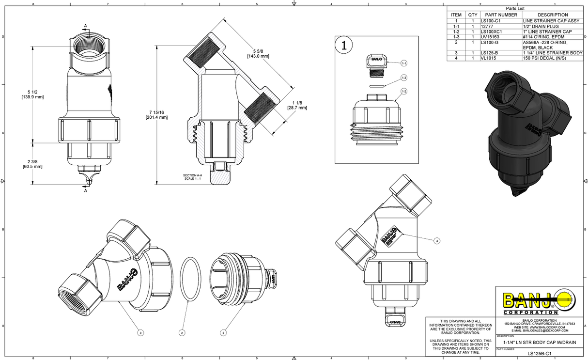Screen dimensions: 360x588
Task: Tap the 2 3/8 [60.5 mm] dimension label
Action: coord(33,164)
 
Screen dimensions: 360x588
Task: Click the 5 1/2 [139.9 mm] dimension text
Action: coord(33,94)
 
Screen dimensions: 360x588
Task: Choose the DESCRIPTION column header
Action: coord(552,15)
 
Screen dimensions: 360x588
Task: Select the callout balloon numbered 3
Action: coord(140,332)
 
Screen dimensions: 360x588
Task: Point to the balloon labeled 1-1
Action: coord(404,63)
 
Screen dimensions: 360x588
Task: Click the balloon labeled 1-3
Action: coord(404,78)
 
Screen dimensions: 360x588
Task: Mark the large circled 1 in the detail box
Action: coord(344,46)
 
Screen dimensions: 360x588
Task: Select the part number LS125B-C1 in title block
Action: coord(537,353)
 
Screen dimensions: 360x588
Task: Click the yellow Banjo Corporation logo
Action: coord(538,301)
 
